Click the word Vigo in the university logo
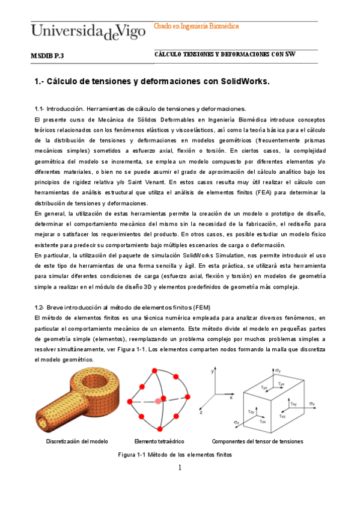[x=133, y=30]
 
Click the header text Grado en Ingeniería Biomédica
[x=197, y=26]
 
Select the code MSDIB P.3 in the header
[x=47, y=55]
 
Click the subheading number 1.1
[x=40, y=109]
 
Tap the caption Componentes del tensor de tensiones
[x=258, y=441]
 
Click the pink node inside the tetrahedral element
[x=158, y=401]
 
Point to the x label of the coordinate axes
[x=231, y=397]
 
